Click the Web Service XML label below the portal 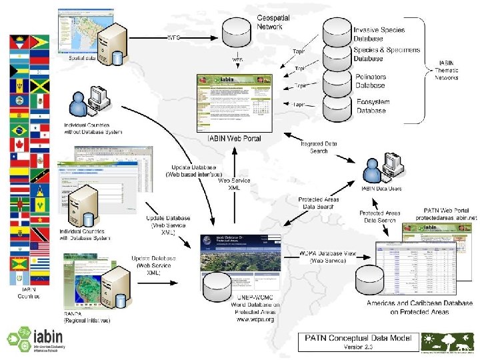pyautogui.click(x=235, y=185)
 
